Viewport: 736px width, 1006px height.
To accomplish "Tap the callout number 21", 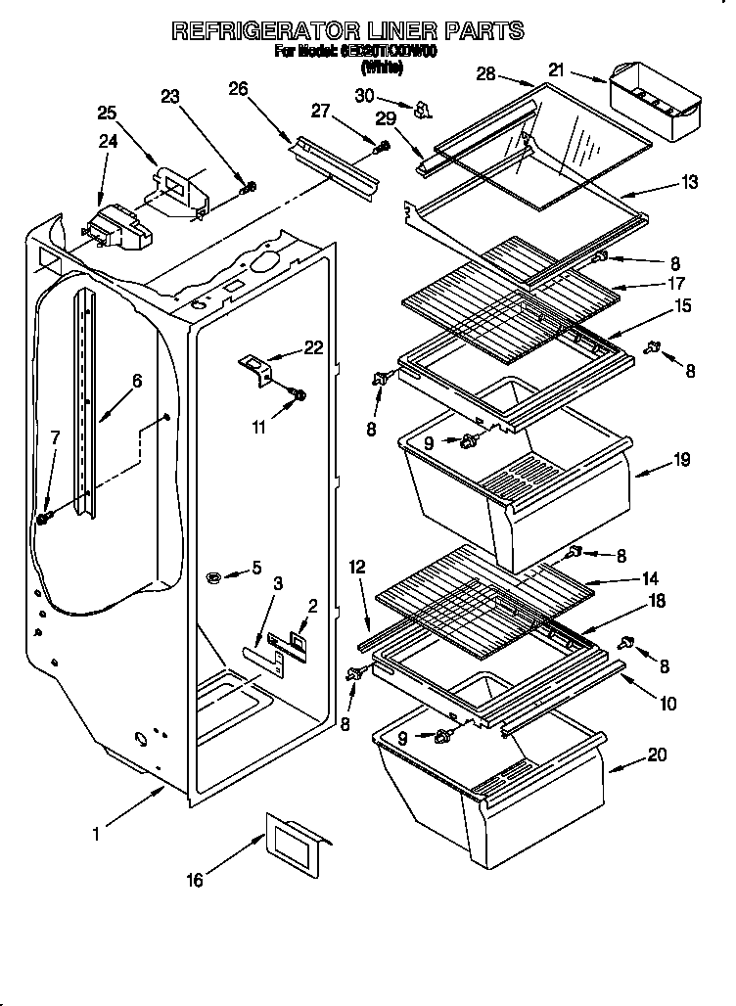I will [x=556, y=69].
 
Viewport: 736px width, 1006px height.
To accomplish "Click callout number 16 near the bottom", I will [x=195, y=881].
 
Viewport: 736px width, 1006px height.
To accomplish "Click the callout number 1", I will [x=96, y=835].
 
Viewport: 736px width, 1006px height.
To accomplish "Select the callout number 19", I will [x=680, y=458].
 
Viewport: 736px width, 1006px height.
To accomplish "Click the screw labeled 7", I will [x=43, y=517].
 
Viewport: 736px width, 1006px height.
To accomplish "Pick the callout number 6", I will [x=136, y=381].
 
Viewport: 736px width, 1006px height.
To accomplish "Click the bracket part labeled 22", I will [x=256, y=370].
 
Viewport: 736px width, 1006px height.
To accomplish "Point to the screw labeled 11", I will [x=299, y=395].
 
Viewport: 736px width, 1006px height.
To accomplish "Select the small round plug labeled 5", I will [x=214, y=579].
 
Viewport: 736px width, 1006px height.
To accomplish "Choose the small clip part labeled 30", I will [x=424, y=110].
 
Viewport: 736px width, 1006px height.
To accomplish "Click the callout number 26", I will [x=237, y=89].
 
